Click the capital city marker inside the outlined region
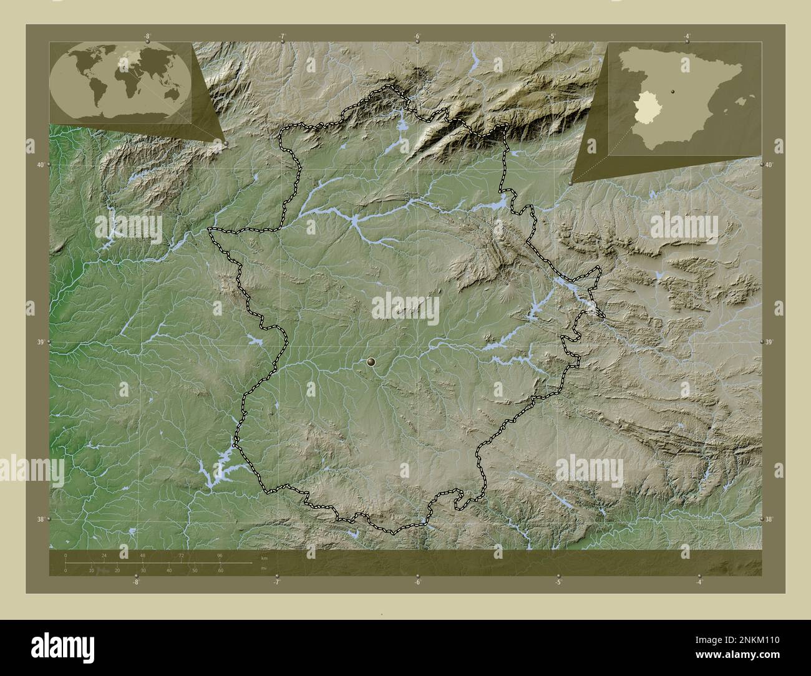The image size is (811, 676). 372,361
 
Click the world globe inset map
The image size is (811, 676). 120,82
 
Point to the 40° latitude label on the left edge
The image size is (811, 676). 39,165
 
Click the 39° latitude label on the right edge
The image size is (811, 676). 769,342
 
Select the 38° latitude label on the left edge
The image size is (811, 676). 39,519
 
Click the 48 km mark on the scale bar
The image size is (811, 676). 143,555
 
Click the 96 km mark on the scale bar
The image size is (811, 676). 220,555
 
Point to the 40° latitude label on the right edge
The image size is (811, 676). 769,165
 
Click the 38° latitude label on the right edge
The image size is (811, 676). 769,519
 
